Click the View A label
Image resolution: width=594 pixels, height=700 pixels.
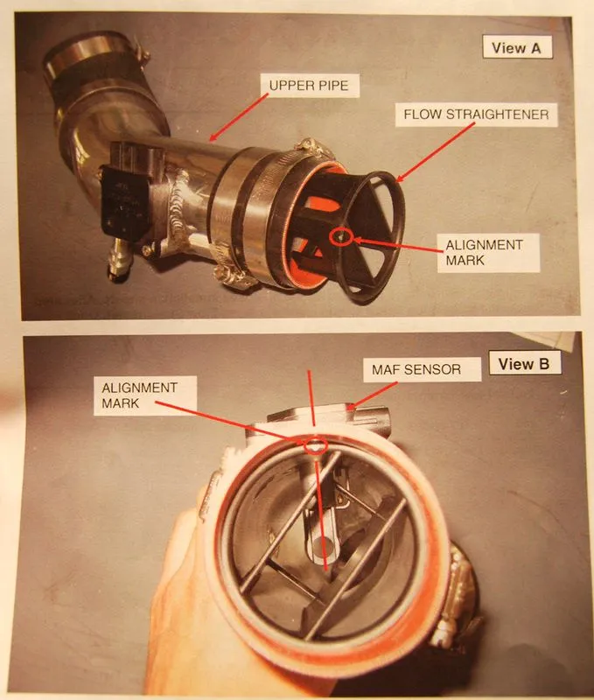[517, 47]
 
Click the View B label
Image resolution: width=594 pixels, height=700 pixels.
[524, 363]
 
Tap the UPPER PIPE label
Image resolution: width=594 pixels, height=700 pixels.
[309, 85]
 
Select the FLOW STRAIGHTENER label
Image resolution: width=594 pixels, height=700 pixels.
[476, 115]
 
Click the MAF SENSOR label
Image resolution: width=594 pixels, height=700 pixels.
[416, 369]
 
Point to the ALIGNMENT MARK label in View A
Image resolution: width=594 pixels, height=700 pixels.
[485, 252]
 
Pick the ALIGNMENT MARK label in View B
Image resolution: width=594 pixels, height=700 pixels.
[139, 395]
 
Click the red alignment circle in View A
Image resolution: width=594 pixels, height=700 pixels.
[341, 236]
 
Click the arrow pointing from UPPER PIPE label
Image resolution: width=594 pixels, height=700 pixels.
[239, 117]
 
